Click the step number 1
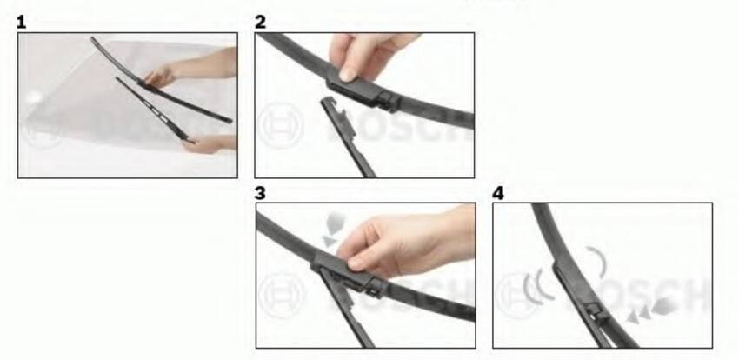21,22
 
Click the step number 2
260,22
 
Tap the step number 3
260,193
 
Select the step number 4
497,193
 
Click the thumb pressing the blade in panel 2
348,71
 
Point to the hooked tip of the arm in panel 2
329,102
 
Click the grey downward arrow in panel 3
334,229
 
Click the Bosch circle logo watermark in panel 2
282,126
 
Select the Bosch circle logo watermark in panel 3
282,296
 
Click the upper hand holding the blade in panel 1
160,77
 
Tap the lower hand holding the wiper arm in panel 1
203,143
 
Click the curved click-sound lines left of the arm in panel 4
538,285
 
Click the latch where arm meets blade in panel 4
596,312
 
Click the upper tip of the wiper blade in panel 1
93,38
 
